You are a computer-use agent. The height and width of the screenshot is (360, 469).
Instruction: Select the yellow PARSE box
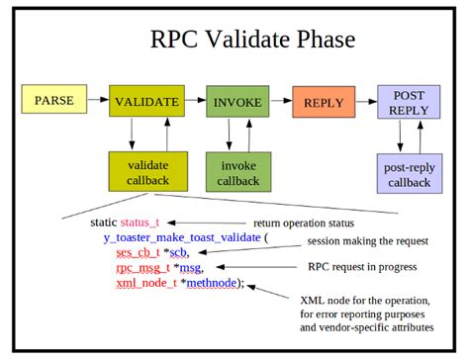click(53, 101)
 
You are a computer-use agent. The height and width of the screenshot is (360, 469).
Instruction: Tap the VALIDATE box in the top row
click(146, 102)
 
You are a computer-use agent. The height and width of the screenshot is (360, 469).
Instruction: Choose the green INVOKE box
click(237, 102)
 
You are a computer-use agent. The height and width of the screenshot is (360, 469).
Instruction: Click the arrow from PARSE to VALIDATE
click(98, 101)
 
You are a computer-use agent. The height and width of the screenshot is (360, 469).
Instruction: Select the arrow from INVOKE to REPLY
click(281, 102)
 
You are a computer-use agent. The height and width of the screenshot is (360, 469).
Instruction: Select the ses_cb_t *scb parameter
click(147, 252)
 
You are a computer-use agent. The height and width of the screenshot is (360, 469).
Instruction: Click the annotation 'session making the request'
click(367, 240)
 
